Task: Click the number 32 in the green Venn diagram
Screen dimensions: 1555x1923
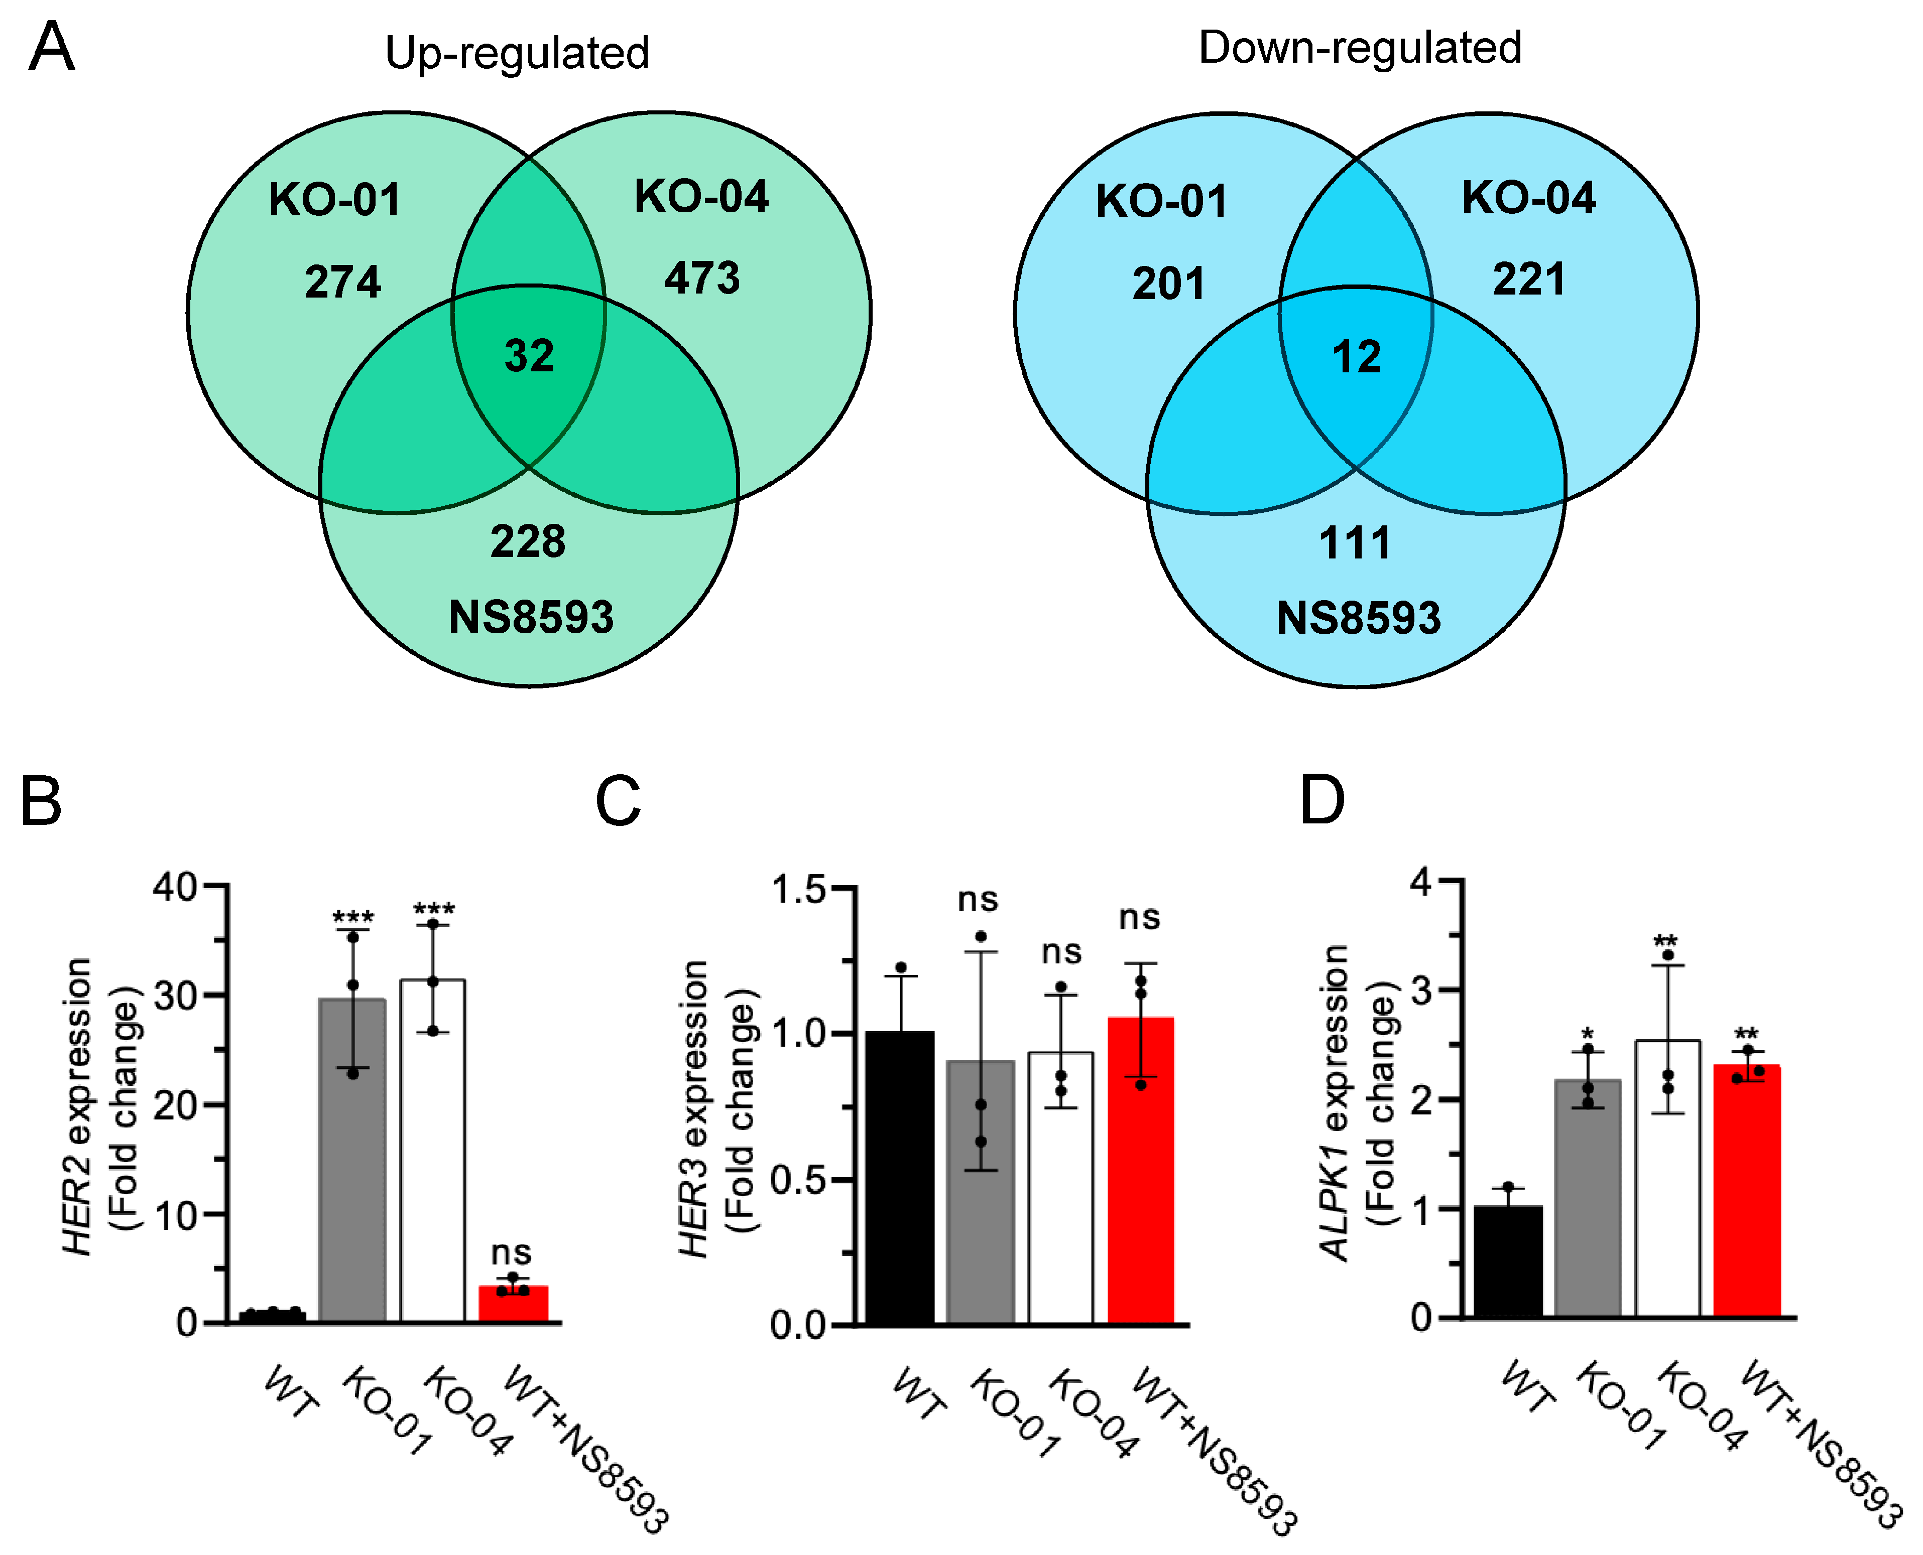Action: (x=529, y=356)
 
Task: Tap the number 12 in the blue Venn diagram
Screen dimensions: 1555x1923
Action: (x=1357, y=357)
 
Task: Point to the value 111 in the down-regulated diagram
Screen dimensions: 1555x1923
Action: (x=1355, y=543)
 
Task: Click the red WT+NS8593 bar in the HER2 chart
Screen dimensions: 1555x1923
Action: (x=514, y=1304)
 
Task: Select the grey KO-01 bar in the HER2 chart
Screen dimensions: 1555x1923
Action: (x=352, y=1165)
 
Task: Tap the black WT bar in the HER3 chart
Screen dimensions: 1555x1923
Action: (x=900, y=1182)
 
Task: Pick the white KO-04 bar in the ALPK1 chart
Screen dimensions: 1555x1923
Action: (x=1667, y=1182)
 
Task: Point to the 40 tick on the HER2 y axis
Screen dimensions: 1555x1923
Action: (x=175, y=887)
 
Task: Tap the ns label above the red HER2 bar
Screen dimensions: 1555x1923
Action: (x=511, y=1252)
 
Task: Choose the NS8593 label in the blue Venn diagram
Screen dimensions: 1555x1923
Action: (x=1359, y=618)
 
